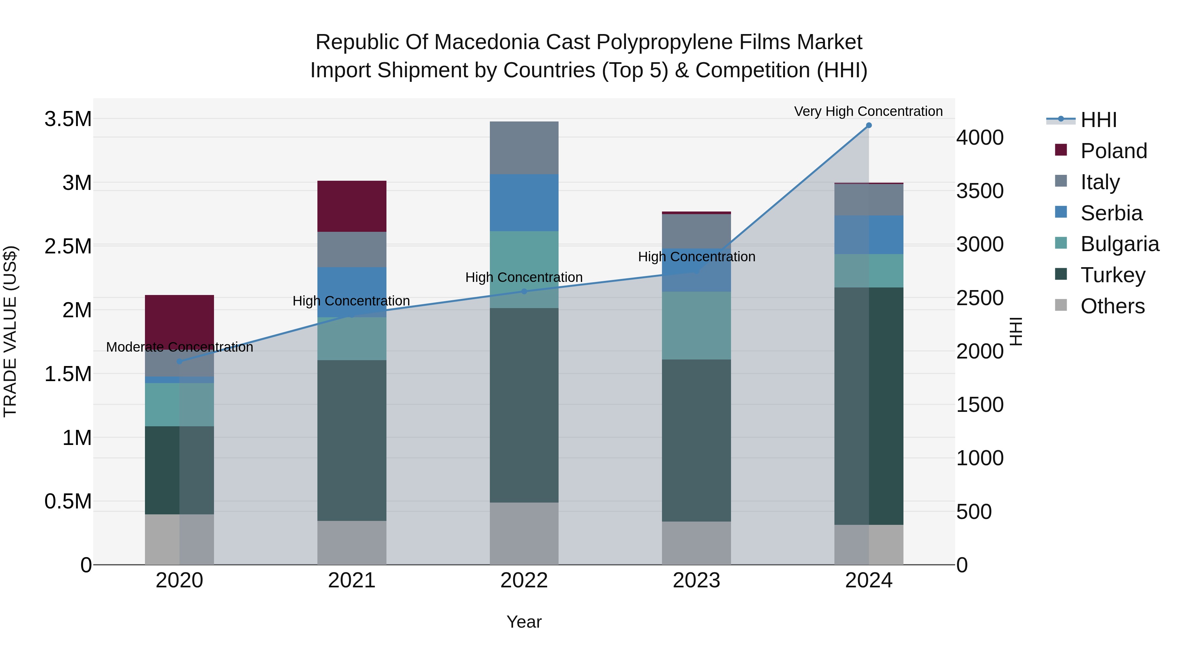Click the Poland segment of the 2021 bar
click(352, 206)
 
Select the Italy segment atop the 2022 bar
click(524, 147)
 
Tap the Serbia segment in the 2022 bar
click(524, 202)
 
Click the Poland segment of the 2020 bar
click(179, 320)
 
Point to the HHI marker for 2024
click(869, 125)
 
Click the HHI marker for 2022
click(524, 291)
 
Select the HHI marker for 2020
click(179, 361)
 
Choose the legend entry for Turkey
click(1113, 275)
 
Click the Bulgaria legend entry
click(1119, 244)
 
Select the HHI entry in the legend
click(1098, 120)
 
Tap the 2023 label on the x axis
click(696, 580)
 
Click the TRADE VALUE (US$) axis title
click(10, 331)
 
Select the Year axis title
click(524, 622)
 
